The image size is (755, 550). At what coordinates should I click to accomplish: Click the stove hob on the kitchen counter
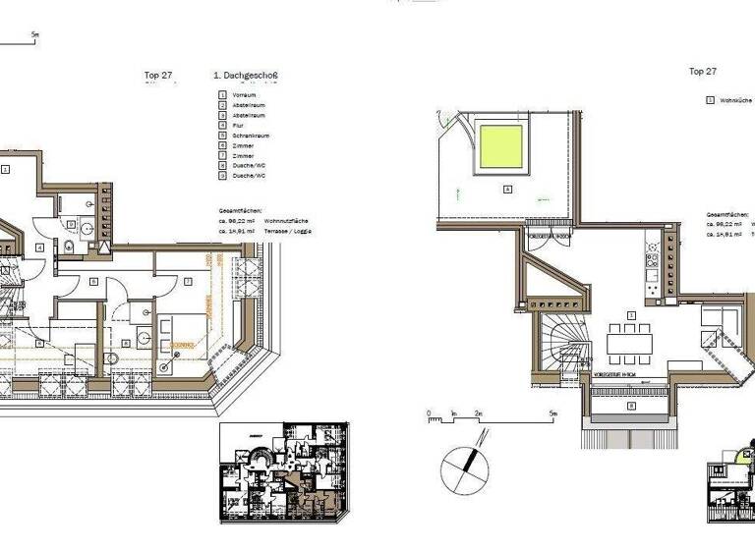point(650,260)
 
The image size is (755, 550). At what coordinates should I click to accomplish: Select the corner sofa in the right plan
point(723,324)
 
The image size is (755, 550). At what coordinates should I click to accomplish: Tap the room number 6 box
point(93,282)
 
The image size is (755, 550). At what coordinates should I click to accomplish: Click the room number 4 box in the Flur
point(38,247)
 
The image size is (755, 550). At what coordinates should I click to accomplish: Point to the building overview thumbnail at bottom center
point(284,472)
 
